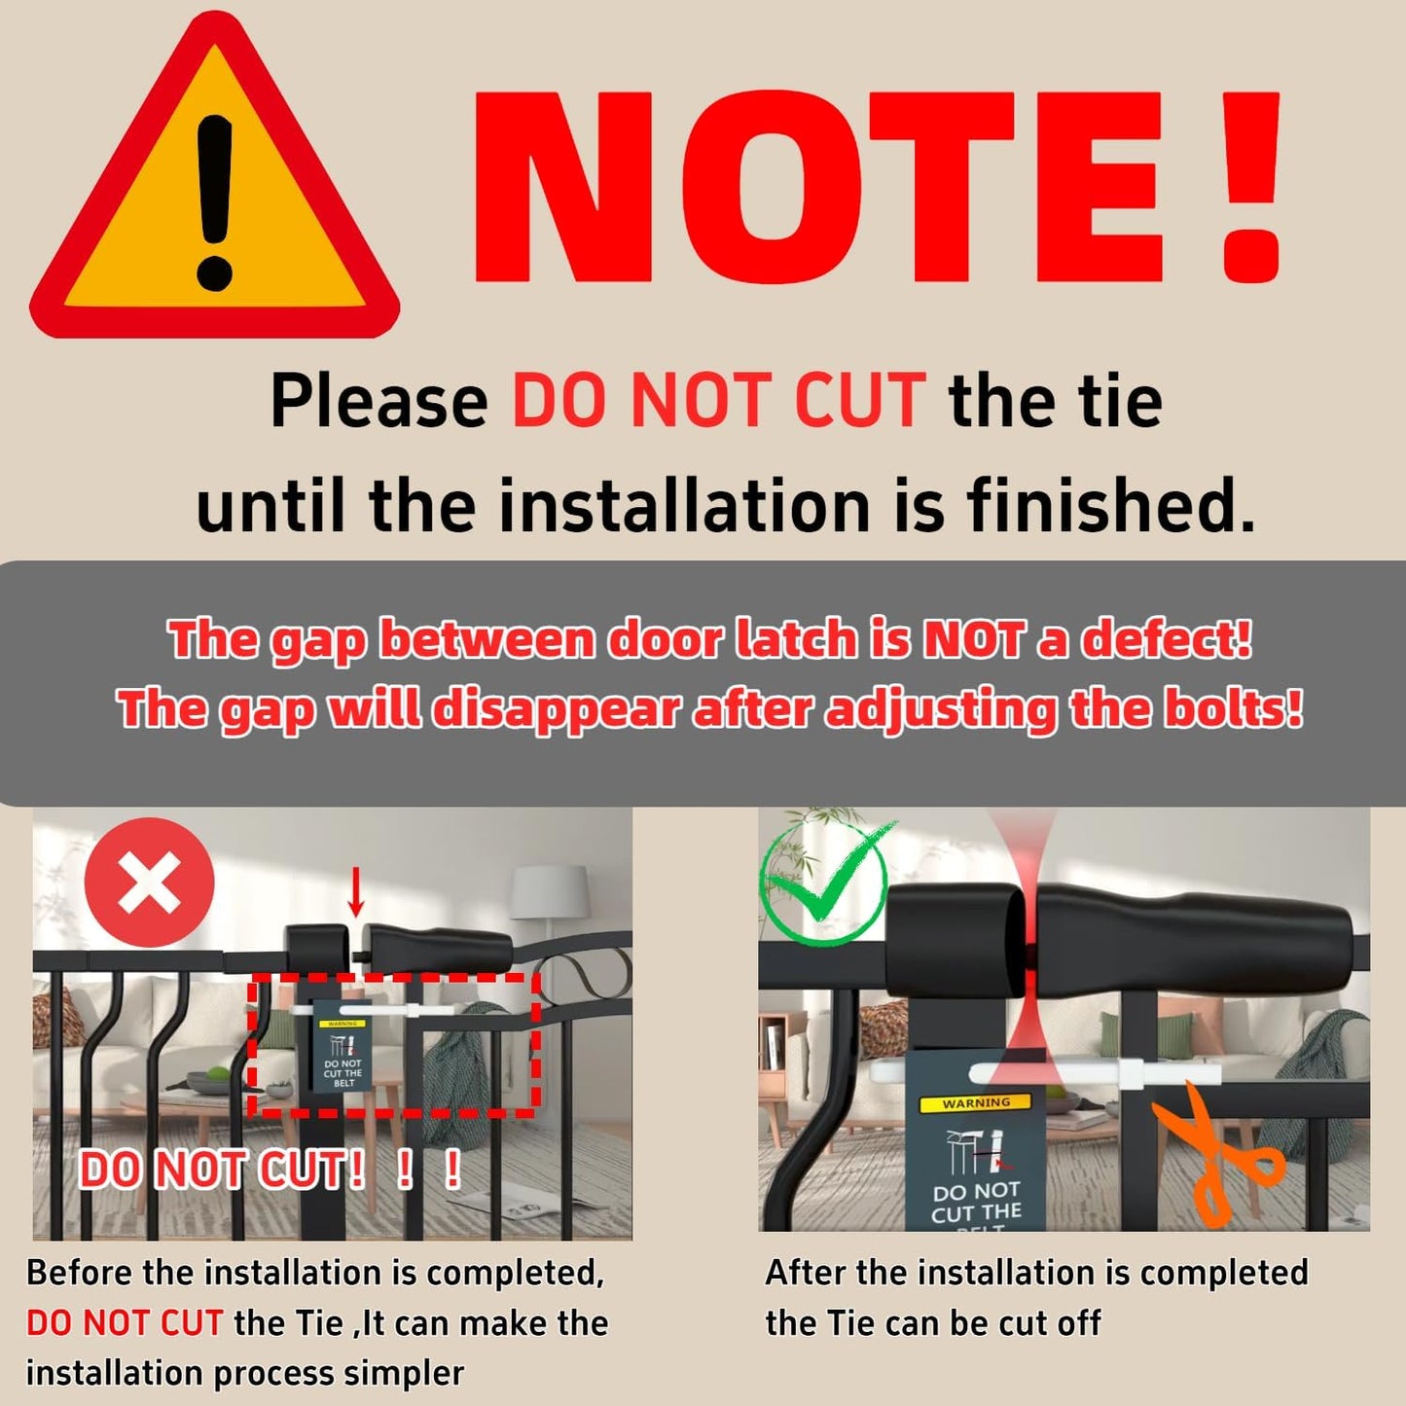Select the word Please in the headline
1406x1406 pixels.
tap(379, 401)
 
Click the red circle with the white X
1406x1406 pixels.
tap(150, 883)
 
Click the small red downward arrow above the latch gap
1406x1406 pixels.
tap(355, 892)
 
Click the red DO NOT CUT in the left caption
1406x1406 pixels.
tap(125, 1323)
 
